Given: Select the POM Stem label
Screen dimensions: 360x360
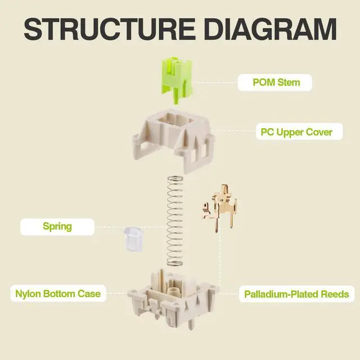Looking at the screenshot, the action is [276, 82].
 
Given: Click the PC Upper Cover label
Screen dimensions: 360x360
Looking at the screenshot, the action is [296, 133].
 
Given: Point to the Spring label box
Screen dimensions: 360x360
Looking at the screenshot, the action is [57, 227].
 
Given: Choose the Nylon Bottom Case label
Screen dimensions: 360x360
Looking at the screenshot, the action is [57, 293].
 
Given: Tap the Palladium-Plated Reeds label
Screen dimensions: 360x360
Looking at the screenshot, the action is [296, 294].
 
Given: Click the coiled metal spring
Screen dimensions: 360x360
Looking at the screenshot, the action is [176, 219].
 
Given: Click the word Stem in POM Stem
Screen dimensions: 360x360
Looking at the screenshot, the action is [289, 82].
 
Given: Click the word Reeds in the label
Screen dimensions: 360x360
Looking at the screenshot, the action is [334, 294].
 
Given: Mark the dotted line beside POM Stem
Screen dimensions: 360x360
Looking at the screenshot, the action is [216, 82].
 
